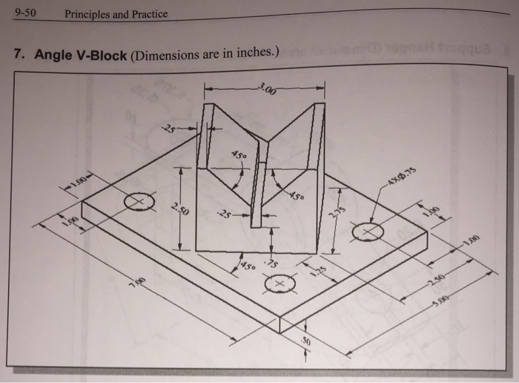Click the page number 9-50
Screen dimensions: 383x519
tap(26, 13)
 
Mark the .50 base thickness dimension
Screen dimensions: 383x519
tap(305, 342)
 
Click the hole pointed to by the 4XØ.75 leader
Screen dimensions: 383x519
tap(367, 232)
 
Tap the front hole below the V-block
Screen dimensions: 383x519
tap(279, 284)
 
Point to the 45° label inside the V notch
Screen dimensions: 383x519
tap(239, 156)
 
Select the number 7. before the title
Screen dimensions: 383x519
tap(20, 56)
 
